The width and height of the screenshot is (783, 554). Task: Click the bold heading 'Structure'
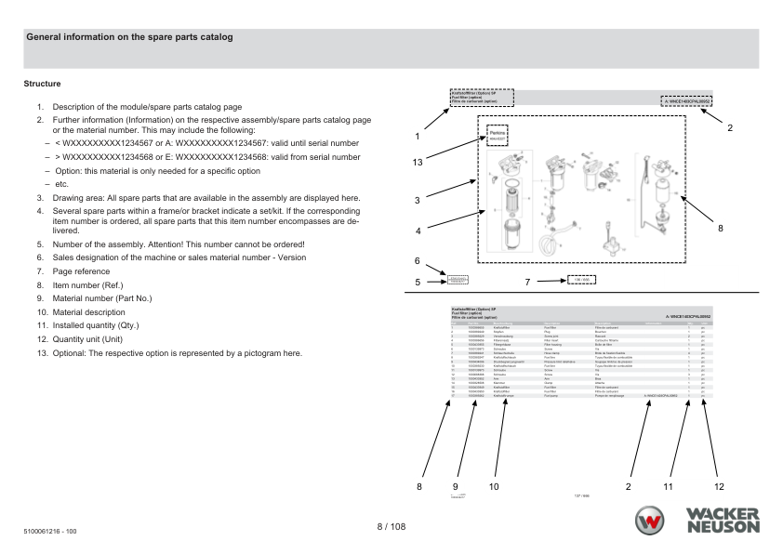pos(42,84)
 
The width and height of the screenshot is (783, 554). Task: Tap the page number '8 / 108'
pos(391,527)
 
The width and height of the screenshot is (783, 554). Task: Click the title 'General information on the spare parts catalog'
pos(129,37)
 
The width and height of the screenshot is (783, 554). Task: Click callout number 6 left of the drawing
pos(418,261)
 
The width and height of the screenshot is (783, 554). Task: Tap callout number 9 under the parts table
pos(455,485)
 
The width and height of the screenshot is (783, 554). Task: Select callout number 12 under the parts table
pos(717,485)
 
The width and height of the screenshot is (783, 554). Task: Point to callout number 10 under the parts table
pos(493,485)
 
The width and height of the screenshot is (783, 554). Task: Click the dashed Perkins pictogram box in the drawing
pos(498,137)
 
